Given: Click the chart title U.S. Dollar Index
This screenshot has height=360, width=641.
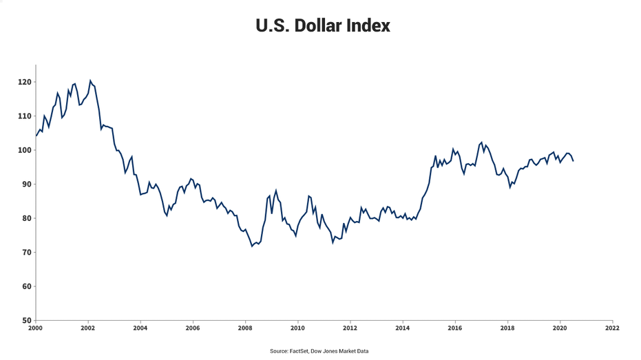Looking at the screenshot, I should (322, 26).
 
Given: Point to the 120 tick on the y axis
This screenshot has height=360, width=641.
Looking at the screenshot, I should (25, 82).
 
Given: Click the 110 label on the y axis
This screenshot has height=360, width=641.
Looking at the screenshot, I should (25, 116).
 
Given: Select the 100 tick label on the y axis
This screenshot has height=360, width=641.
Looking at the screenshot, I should (25, 150).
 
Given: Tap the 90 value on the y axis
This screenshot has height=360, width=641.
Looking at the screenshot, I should (26, 184).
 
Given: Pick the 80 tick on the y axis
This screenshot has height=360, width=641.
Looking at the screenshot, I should (26, 218).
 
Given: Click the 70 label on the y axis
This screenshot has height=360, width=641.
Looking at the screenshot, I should (26, 253).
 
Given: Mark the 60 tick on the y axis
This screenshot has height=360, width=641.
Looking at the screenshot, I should (26, 286).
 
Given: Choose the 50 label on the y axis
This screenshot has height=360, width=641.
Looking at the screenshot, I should (26, 320).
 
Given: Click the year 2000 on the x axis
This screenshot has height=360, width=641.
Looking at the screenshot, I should (35, 328).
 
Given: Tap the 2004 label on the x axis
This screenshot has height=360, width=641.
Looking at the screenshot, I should (140, 328).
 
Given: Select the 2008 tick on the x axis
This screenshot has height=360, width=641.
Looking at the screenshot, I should (245, 328).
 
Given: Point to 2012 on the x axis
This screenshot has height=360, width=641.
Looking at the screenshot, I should (350, 328).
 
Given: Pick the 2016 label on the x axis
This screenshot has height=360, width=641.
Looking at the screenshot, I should (455, 328).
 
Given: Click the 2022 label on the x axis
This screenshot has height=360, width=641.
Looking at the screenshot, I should (612, 328).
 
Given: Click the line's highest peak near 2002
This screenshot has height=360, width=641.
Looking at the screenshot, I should (90, 81).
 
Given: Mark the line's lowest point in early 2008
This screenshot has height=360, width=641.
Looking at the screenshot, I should (252, 246).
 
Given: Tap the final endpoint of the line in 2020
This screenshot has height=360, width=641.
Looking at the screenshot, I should (573, 161).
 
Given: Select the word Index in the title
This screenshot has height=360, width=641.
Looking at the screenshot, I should (370, 26).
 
